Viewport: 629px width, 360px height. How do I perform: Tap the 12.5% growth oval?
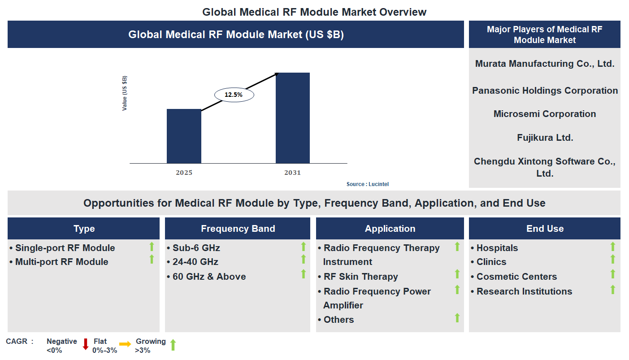click(x=234, y=95)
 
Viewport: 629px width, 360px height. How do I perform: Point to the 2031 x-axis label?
click(x=292, y=173)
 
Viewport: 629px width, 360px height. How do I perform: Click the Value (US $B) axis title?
click(x=125, y=93)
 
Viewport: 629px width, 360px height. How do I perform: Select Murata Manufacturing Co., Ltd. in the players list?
click(x=545, y=64)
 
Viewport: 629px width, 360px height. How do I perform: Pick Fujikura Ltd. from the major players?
click(x=545, y=138)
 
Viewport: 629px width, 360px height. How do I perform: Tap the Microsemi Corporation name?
click(x=545, y=114)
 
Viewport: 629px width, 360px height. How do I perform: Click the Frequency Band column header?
click(x=238, y=229)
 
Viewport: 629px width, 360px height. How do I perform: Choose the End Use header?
click(x=545, y=229)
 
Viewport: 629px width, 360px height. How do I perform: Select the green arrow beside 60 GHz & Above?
click(x=304, y=274)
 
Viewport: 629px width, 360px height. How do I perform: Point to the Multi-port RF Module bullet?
click(x=61, y=262)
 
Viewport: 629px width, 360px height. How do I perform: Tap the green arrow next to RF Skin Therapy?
click(x=457, y=274)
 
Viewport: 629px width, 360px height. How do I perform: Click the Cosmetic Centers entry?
click(x=516, y=277)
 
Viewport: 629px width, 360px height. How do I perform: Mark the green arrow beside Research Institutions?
click(x=613, y=290)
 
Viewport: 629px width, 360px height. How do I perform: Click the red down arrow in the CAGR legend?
click(x=86, y=344)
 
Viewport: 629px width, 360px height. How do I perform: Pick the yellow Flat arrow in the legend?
click(x=125, y=344)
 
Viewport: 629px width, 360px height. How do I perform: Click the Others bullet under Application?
click(x=338, y=320)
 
